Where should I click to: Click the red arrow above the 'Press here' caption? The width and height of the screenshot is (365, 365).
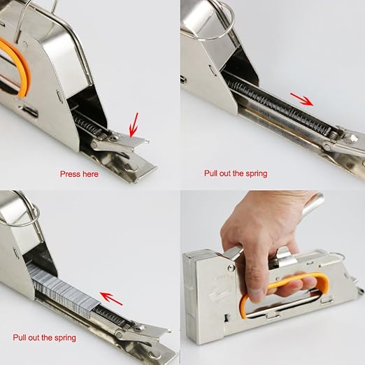pos(134,125)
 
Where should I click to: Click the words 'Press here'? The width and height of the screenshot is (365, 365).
pos(79,174)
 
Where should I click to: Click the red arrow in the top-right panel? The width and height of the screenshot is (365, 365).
pos(301,99)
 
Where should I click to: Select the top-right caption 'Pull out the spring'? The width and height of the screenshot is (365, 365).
pos(236,173)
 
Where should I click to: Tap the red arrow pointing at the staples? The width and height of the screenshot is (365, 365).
pos(111,299)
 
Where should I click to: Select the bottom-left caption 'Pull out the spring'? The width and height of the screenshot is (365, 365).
pos(44,338)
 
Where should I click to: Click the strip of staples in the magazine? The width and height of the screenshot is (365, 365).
pos(63,292)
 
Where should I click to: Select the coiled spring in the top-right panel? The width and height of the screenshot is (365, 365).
pos(280,108)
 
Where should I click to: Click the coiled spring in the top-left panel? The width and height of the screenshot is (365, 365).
pos(89,126)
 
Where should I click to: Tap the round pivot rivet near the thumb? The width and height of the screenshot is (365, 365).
pos(231,268)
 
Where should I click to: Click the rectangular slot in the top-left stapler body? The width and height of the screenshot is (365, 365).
pos(29,111)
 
